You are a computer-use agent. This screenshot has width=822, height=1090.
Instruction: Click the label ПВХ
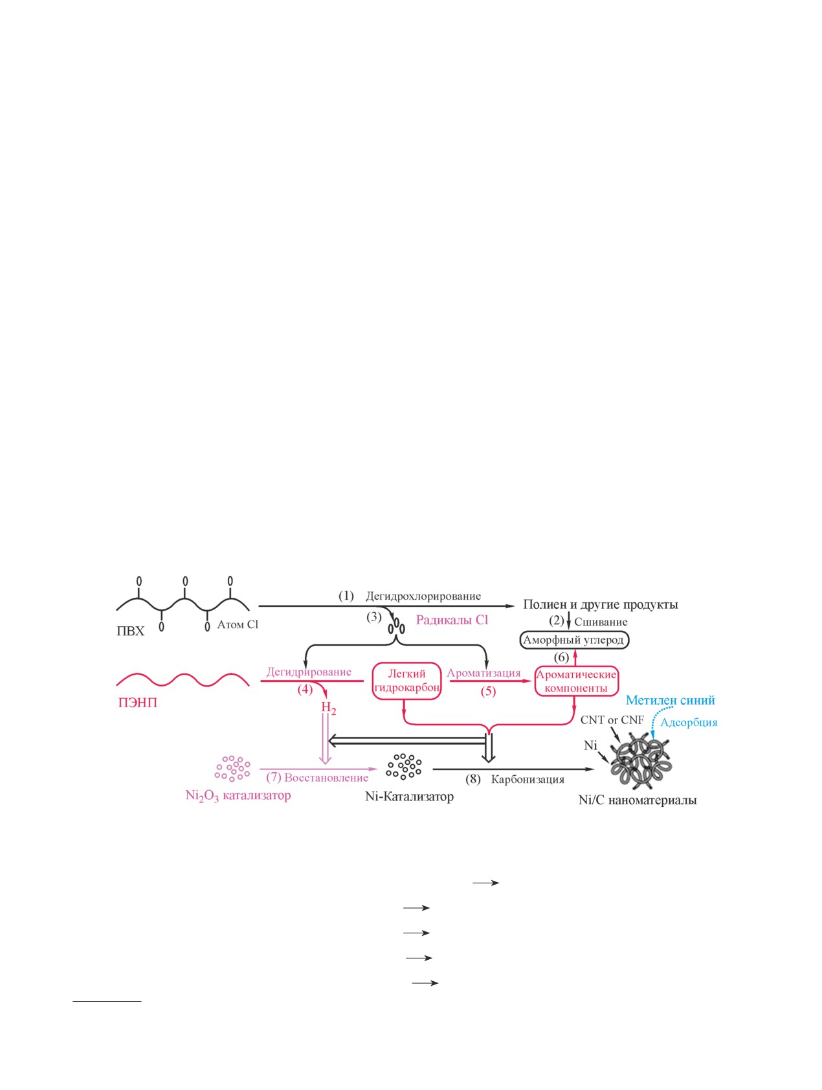click(x=130, y=631)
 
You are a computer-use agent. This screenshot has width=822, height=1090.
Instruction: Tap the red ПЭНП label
click(x=138, y=703)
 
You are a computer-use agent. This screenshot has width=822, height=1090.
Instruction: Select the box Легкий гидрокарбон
click(x=407, y=681)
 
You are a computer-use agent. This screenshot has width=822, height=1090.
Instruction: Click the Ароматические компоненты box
click(x=576, y=681)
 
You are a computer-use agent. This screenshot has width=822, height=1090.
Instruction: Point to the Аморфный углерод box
click(x=574, y=640)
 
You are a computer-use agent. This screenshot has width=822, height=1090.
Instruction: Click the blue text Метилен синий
click(x=670, y=700)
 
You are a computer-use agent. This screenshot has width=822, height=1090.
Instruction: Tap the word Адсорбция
click(x=689, y=722)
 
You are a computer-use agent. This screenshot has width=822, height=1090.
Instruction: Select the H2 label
click(x=329, y=708)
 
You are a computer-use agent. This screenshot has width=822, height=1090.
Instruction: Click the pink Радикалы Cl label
click(x=452, y=620)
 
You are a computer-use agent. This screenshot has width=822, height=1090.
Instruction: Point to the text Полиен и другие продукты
click(x=601, y=604)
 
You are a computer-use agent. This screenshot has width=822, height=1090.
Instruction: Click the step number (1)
click(x=346, y=595)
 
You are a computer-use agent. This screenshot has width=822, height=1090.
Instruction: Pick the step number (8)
click(x=473, y=778)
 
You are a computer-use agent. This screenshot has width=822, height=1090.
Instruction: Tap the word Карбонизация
click(x=528, y=779)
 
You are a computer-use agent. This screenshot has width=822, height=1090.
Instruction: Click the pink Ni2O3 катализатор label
click(x=238, y=796)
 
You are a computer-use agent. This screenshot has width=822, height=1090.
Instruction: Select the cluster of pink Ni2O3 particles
click(x=232, y=767)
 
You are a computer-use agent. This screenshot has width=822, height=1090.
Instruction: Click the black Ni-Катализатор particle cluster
click(x=404, y=766)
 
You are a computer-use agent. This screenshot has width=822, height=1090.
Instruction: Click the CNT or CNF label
click(x=612, y=720)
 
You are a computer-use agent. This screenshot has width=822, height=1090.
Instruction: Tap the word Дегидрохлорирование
click(x=423, y=596)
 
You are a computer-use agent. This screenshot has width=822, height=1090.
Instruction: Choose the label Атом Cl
click(x=238, y=624)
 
